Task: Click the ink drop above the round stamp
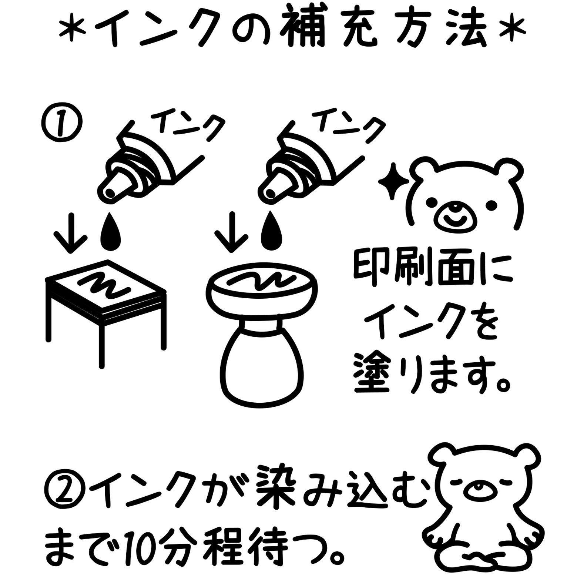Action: click(x=272, y=232)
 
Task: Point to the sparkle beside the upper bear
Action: click(x=393, y=182)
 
